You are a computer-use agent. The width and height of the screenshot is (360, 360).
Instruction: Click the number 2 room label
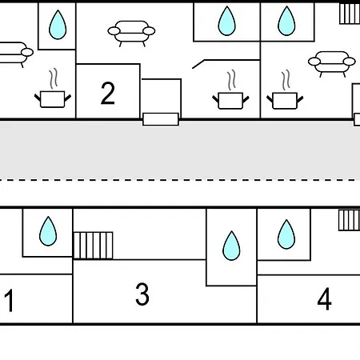(108, 93)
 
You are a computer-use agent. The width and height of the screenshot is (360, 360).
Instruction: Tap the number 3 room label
(142, 294)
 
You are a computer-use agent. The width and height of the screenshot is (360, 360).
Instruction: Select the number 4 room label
(325, 298)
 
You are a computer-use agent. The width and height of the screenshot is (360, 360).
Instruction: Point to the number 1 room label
(9, 301)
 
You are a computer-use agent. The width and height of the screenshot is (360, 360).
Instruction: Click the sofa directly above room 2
(131, 34)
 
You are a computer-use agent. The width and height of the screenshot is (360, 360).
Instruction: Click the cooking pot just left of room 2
(53, 93)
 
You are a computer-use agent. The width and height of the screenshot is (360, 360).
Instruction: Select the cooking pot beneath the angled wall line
(230, 94)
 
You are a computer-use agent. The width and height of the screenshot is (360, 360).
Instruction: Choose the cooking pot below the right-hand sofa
(285, 94)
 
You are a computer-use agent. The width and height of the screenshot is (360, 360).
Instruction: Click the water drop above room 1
(48, 231)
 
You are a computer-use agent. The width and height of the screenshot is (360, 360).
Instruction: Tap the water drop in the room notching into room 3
(231, 246)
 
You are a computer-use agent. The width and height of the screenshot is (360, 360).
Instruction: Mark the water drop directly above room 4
(286, 234)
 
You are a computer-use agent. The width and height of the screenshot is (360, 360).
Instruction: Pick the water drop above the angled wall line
(226, 21)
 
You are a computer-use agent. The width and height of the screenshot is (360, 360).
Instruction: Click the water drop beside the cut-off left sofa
(58, 25)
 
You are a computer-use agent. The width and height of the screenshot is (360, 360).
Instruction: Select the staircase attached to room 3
(93, 246)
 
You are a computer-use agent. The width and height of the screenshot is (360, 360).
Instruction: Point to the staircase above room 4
(350, 220)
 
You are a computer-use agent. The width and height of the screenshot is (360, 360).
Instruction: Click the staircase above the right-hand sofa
(350, 14)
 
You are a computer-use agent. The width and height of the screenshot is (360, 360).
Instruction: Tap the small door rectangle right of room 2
(161, 119)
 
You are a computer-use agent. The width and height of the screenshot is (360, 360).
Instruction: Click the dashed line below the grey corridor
(180, 180)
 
